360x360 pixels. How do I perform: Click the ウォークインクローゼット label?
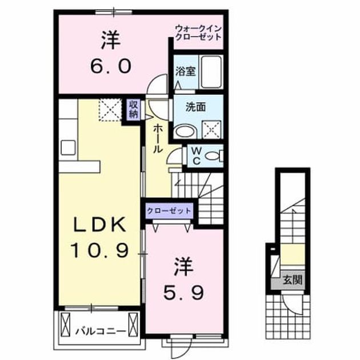[x=198, y=33]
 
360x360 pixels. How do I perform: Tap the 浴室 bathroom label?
[x=186, y=71]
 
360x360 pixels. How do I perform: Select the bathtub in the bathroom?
[x=211, y=72]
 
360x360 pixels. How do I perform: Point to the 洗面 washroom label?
[x=195, y=107]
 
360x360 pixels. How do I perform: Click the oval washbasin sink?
[x=185, y=132]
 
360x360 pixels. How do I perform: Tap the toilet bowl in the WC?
[x=212, y=157]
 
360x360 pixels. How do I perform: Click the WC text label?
[x=197, y=156]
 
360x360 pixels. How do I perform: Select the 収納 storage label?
[x=133, y=109]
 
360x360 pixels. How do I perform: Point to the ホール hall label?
[x=158, y=139]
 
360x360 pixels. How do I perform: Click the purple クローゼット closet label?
[x=169, y=211]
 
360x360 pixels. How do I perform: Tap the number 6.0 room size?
[x=111, y=66]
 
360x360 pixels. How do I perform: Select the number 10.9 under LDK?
[x=99, y=250]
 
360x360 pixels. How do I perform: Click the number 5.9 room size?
[x=183, y=293]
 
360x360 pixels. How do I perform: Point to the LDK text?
[x=99, y=225]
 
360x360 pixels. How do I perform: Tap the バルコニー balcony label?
[x=101, y=331]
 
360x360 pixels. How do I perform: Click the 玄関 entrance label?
[x=293, y=280]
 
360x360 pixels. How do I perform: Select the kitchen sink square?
[x=68, y=147]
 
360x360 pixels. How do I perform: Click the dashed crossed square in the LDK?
[x=110, y=110]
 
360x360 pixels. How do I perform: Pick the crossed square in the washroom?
[x=211, y=130]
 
